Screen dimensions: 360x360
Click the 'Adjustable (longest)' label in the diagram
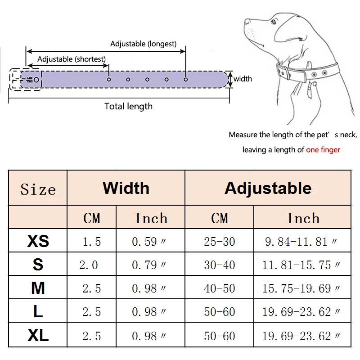click(143, 44)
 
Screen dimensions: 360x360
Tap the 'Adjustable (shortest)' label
click(72, 59)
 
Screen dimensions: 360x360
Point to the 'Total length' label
click(128, 107)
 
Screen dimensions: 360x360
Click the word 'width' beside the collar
click(243, 79)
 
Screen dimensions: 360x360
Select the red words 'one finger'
click(323, 150)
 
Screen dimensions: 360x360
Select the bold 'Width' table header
click(126, 188)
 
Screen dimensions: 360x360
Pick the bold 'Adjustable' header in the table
click(268, 188)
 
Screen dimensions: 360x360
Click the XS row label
click(38, 241)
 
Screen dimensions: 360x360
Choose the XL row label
click(38, 336)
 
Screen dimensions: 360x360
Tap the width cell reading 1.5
click(92, 242)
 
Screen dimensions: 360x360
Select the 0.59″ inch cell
click(150, 242)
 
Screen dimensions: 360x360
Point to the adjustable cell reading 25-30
click(220, 242)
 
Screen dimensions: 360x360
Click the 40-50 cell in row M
click(220, 288)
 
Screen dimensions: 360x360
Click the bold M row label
click(38, 288)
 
